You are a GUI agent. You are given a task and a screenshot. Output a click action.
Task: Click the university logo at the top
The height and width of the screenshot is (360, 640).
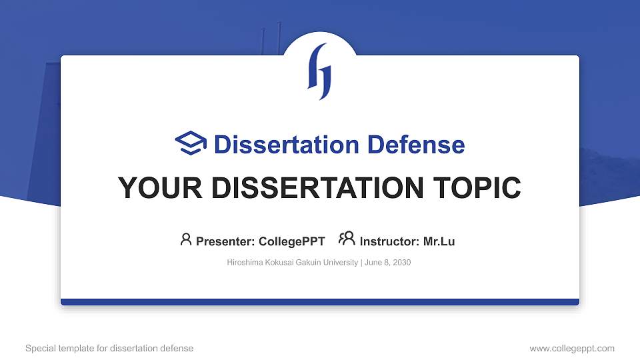(319, 71)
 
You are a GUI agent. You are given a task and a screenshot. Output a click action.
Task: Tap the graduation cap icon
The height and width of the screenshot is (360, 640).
(191, 143)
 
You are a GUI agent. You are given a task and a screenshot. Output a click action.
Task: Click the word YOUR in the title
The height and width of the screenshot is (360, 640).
(151, 188)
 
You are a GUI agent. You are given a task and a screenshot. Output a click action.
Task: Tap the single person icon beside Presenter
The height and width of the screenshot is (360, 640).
(186, 239)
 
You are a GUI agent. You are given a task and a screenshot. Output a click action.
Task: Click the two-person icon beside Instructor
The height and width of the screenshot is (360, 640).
(347, 239)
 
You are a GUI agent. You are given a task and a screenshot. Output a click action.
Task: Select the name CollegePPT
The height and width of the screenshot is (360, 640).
(291, 241)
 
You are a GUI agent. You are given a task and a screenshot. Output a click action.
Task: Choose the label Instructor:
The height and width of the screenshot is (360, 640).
(389, 241)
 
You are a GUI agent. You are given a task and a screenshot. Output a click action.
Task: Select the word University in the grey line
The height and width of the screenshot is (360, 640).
(341, 263)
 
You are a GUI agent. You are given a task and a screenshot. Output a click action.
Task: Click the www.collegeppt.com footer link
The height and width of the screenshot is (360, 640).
(571, 348)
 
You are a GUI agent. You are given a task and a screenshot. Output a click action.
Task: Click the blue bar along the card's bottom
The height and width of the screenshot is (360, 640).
(320, 302)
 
